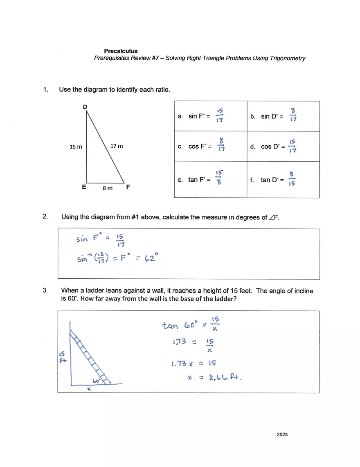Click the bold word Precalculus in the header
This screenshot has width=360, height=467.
coord(121,51)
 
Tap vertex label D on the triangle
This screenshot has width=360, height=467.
coord(85,107)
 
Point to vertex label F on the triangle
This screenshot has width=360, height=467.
coord(128,187)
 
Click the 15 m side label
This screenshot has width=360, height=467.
coord(76,146)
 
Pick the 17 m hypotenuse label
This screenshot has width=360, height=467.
coord(117,146)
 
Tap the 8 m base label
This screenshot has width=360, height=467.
coord(107,188)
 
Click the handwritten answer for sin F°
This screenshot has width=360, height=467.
coord(220,116)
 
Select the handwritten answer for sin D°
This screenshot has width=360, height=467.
coord(293,115)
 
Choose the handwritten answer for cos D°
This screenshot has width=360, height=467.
coord(292,146)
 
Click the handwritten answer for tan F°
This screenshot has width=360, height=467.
coord(219,178)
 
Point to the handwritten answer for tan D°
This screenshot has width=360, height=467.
coord(292,179)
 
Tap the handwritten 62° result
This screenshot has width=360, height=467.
coord(150,258)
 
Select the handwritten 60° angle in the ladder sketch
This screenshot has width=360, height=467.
coord(97,380)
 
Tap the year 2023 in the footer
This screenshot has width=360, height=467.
coord(282,435)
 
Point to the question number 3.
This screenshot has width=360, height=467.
coord(45,291)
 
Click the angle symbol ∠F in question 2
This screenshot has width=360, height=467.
coord(274,217)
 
